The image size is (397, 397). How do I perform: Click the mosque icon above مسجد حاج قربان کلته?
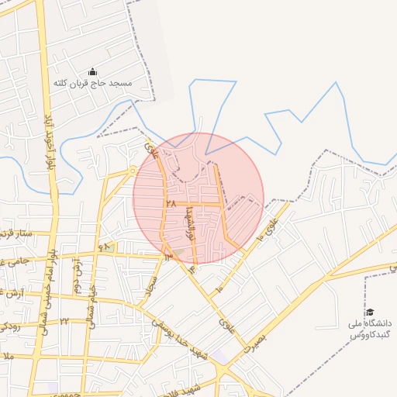tap(92, 71)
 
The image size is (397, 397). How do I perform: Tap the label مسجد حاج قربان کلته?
tap(92, 82)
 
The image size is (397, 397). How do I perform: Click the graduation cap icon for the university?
tap(369, 312)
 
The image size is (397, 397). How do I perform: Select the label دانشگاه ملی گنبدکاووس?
tap(371, 328)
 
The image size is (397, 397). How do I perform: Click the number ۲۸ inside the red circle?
tap(171, 204)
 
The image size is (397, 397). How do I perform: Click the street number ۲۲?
tap(64, 321)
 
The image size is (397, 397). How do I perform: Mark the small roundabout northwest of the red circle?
tap(133, 169)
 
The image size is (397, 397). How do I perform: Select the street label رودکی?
tap(9, 326)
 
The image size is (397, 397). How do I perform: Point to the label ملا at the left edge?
tap(8, 356)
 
